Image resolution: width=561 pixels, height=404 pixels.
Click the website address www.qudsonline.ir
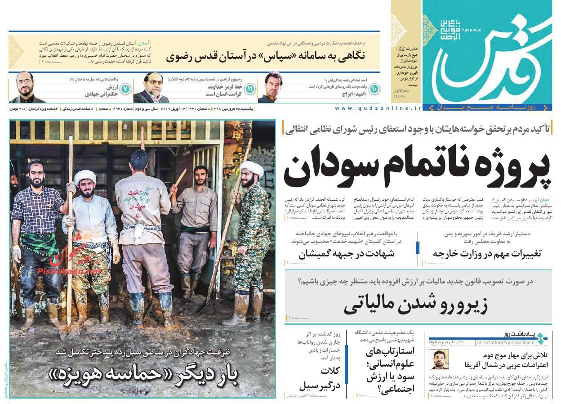click(x=378, y=108)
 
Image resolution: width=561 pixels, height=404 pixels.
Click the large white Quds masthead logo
click(x=485, y=58)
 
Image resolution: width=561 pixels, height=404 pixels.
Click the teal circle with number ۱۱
click(x=250, y=89)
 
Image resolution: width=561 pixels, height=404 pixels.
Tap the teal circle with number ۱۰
click(x=374, y=89)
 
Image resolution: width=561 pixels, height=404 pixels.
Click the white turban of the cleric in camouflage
click(x=251, y=168)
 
